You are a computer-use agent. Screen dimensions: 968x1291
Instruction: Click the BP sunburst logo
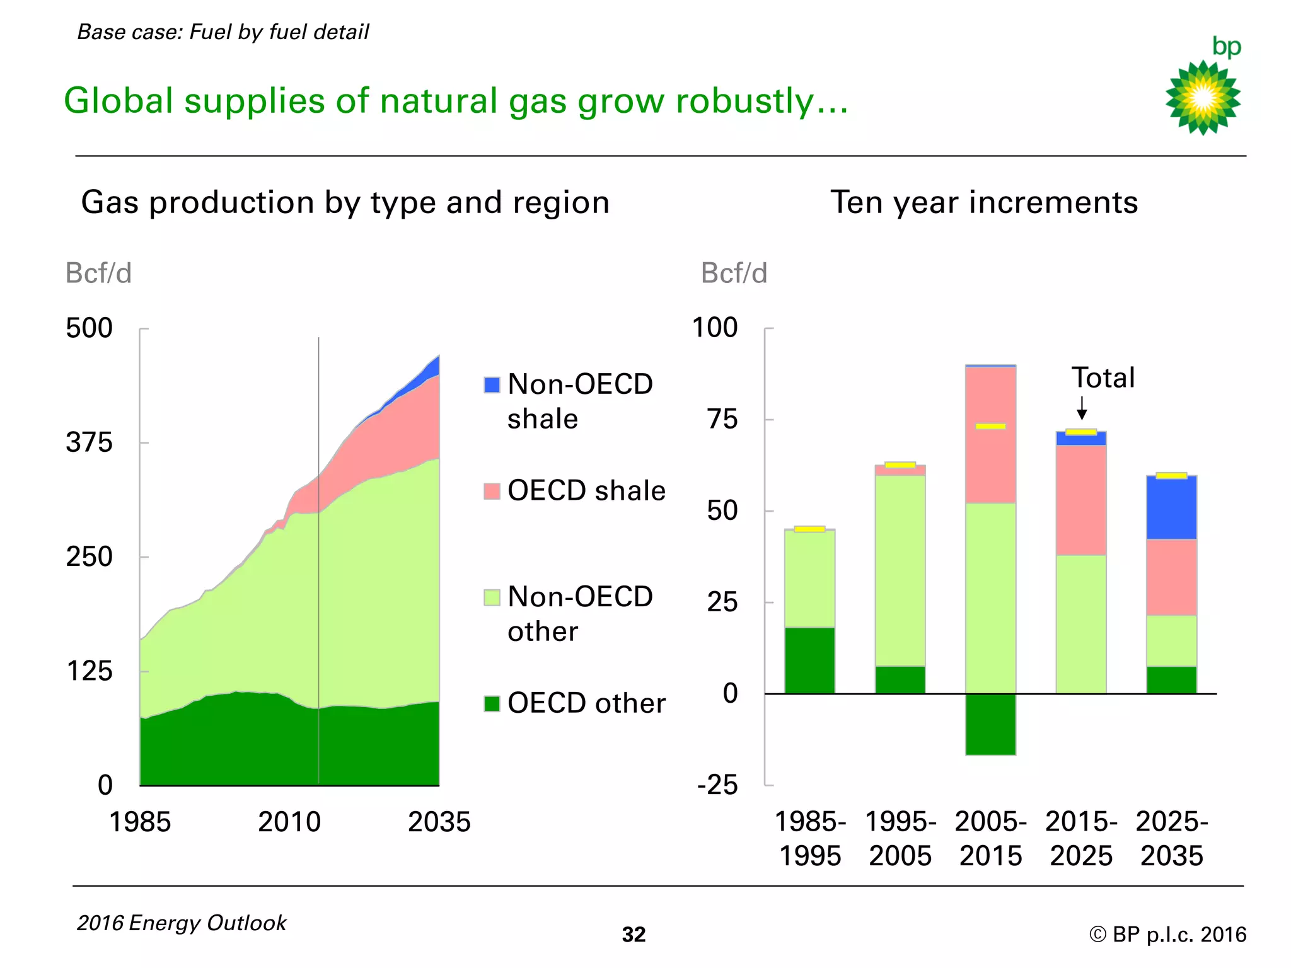tap(1203, 98)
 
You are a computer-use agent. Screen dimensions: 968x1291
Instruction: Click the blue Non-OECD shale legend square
tap(492, 384)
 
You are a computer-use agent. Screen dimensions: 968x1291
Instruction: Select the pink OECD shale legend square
tap(492, 491)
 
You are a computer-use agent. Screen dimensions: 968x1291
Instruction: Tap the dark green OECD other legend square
tap(492, 703)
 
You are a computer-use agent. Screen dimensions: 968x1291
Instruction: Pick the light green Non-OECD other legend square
tap(492, 597)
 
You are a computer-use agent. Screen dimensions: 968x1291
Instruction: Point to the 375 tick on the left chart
tap(89, 442)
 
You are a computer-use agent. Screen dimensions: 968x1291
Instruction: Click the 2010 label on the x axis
tap(289, 822)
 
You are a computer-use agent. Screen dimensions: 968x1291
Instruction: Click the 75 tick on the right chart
tap(722, 419)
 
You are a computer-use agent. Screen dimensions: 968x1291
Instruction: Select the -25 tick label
tap(717, 785)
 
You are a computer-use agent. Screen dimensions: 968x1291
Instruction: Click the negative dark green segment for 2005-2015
tap(990, 724)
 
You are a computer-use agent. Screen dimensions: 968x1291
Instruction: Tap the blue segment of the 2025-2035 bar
tap(1171, 508)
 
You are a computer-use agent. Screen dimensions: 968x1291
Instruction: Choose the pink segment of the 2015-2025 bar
tap(1081, 500)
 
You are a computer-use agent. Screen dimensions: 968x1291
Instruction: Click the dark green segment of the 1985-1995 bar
tap(809, 660)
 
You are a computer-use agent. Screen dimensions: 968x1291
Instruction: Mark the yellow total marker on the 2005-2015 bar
tap(990, 427)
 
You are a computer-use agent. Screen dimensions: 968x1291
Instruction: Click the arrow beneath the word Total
tap(1082, 408)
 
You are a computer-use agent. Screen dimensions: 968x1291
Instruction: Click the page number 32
tap(634, 935)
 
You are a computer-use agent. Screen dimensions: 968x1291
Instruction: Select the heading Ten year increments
tap(984, 202)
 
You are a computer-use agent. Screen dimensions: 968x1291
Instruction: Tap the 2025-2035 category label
tap(1171, 838)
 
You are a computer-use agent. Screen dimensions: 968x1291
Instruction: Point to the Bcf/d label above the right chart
tap(734, 274)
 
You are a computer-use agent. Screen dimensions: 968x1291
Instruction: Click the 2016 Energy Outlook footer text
tap(182, 923)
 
